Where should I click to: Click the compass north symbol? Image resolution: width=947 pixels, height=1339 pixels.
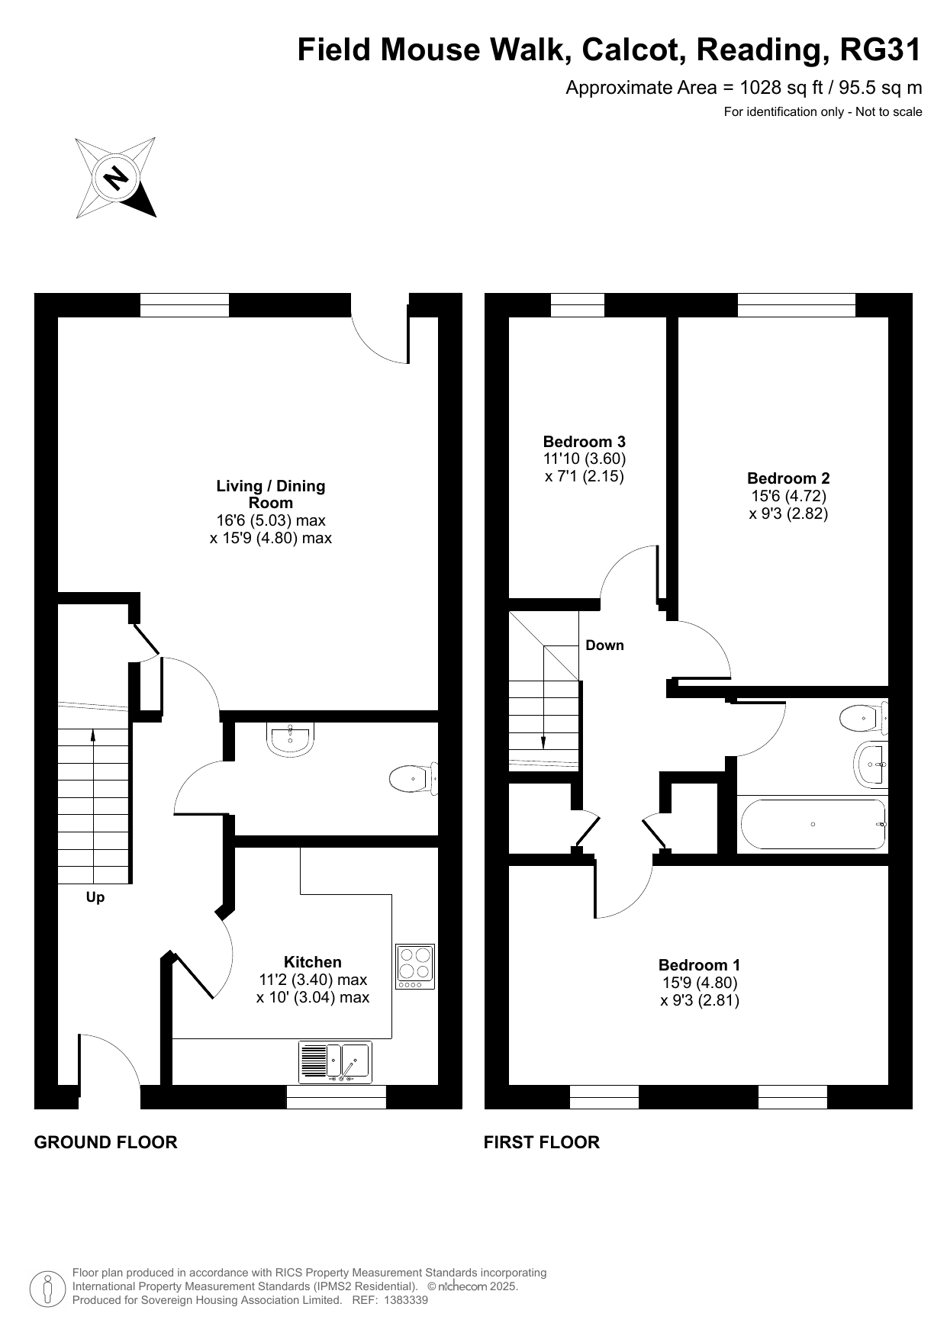[x=116, y=178]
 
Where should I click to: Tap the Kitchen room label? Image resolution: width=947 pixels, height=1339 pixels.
[x=313, y=962]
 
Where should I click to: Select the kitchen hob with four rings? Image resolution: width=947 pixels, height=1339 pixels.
[x=415, y=967]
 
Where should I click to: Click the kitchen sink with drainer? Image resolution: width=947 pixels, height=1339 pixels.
[x=336, y=1062]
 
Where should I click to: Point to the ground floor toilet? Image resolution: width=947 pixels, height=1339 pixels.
[x=414, y=779]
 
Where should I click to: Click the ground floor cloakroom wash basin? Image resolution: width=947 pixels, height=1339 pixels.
[x=290, y=739]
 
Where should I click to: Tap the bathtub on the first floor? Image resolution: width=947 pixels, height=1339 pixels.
[x=813, y=824]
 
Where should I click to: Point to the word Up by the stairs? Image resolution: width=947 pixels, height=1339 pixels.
[x=95, y=897]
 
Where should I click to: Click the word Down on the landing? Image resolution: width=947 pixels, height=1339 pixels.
[x=605, y=645]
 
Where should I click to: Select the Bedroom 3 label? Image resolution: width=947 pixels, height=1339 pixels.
[x=585, y=441]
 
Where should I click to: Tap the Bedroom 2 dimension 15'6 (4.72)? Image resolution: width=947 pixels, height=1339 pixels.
[x=788, y=496]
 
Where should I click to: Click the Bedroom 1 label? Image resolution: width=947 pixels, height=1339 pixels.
[x=700, y=965]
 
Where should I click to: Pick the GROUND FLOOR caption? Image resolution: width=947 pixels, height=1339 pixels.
[x=106, y=1142]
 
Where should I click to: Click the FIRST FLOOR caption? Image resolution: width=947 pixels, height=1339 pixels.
[x=542, y=1142]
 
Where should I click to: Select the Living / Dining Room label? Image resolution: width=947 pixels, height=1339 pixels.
[x=271, y=494]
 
